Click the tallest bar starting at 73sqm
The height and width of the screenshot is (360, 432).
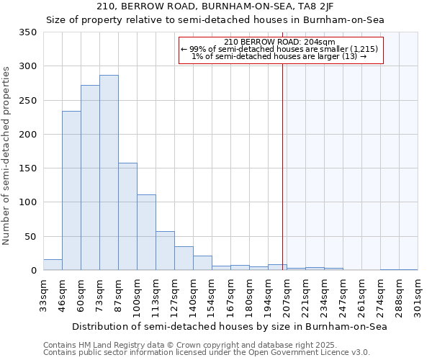(109, 173)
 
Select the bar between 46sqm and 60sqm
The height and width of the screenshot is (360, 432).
(71, 191)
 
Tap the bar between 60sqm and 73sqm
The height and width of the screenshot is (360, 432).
(90, 178)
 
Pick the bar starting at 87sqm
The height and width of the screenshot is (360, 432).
(127, 217)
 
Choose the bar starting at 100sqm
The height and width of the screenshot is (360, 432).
(146, 233)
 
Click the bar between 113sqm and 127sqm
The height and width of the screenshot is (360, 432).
(165, 251)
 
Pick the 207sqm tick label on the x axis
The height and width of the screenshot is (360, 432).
(287, 296)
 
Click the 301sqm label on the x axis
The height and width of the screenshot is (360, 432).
(418, 296)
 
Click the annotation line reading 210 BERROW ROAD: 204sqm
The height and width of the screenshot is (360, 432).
(279, 42)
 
